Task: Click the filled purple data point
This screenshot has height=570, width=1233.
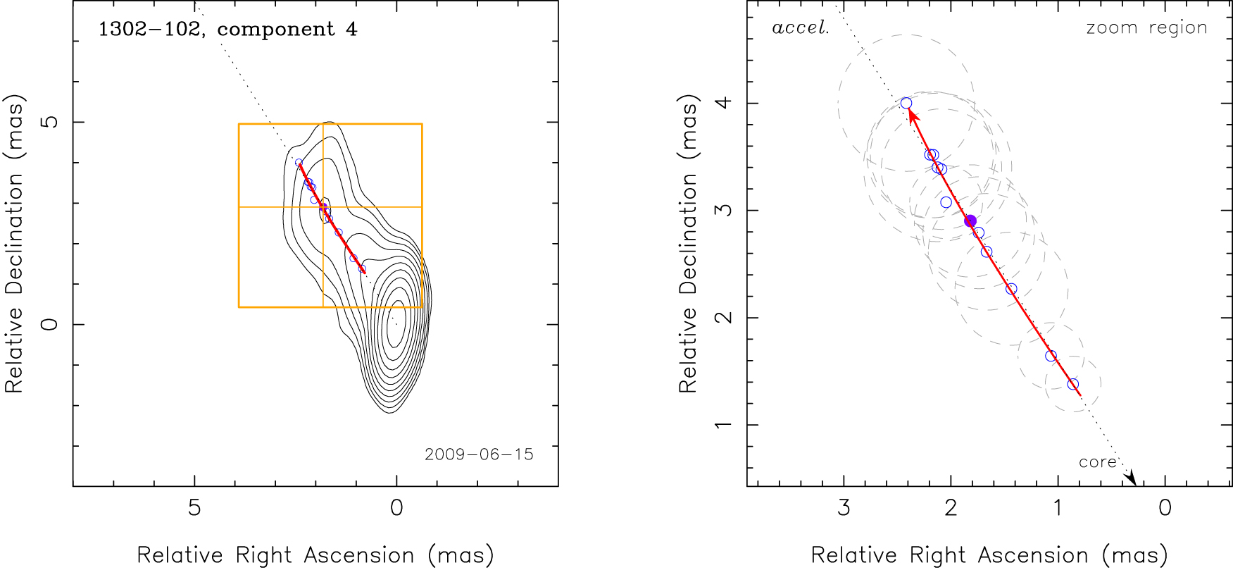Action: [970, 221]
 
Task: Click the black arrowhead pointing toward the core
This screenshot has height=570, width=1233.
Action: [1131, 478]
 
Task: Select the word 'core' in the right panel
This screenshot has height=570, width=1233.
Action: [1097, 462]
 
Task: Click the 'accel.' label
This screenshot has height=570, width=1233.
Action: [801, 28]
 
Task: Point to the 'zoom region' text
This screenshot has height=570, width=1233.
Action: [1146, 28]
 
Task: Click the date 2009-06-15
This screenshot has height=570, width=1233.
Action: [479, 454]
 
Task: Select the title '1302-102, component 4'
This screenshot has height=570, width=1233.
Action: [227, 30]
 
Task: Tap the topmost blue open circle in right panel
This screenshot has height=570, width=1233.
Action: [906, 104]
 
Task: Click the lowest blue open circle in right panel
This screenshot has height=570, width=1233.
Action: [1072, 384]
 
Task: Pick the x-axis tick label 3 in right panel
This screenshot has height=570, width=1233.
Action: [844, 508]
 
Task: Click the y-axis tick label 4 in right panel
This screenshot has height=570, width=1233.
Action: [723, 104]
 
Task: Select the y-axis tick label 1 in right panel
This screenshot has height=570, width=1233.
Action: [723, 425]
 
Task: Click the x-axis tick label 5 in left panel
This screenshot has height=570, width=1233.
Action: [194, 508]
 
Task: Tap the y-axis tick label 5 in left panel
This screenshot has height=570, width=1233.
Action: [49, 122]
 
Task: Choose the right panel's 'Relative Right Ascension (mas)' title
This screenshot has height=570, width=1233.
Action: [989, 555]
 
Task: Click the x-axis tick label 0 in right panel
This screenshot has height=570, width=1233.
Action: [1165, 508]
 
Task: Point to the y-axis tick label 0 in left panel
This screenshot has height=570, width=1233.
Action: [49, 324]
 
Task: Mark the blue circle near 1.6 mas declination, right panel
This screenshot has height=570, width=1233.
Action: [1051, 356]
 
